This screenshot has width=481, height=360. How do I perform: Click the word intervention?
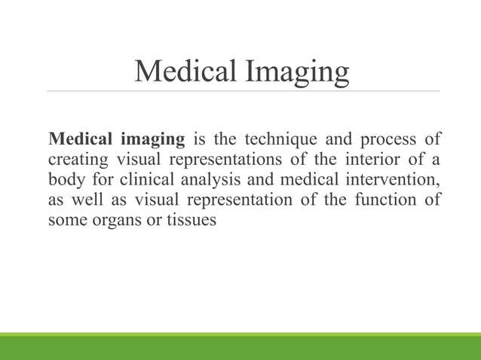(x=400, y=180)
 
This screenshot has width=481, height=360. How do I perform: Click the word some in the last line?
(x=64, y=221)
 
